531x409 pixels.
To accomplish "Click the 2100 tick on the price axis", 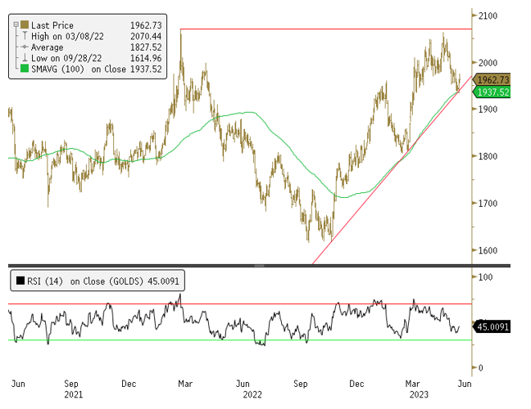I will coord(489,16).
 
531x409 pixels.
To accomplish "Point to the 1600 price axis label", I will coord(489,250).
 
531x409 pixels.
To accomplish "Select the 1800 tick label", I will coord(489,156).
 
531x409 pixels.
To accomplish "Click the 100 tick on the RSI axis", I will coord(486,278).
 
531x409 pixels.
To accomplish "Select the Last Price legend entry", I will coord(53,26).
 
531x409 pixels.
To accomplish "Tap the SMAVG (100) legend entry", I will coord(70,70).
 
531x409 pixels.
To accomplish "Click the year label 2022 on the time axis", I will coord(253,394).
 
